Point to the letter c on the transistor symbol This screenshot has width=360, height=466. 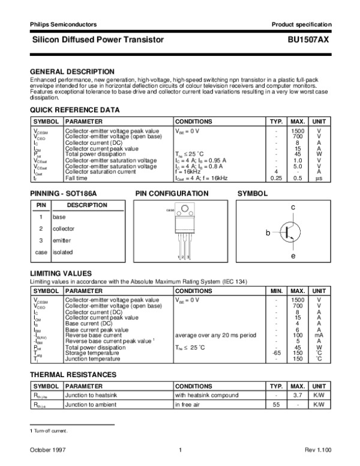click(293, 207)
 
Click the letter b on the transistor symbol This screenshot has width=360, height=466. click(269, 232)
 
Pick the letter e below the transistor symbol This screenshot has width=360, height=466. click(293, 256)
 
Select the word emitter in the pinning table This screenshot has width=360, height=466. click(62, 240)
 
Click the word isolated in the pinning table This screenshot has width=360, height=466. click(62, 252)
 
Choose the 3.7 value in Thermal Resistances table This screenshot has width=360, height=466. click(298, 396)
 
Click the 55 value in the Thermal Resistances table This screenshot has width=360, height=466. click(276, 405)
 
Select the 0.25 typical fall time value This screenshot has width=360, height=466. click(276, 178)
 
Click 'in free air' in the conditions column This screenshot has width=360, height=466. click(189, 405)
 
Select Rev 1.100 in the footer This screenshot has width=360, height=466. click(317, 450)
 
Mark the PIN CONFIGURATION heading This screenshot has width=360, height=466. click(172, 194)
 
